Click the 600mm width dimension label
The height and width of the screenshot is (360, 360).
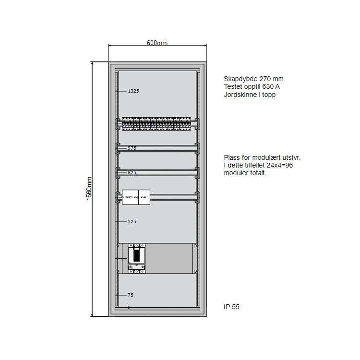[157, 43]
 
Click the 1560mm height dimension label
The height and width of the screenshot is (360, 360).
[89, 189]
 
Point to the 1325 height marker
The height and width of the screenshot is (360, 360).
[133, 91]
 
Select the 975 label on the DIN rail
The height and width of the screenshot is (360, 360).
[132, 148]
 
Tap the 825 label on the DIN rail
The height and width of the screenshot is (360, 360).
[132, 172]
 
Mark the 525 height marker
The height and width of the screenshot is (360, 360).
[132, 222]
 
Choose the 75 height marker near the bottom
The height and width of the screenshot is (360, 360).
[131, 295]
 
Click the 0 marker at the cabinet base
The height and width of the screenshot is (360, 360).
[129, 307]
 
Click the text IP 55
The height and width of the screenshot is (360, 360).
[231, 307]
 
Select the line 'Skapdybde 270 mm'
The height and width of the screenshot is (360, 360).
[253, 79]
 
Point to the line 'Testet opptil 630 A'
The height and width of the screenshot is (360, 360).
[252, 87]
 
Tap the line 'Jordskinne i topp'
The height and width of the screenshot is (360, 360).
[250, 95]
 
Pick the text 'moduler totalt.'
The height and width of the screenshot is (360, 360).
[245, 173]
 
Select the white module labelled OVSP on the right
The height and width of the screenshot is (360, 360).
[144, 197]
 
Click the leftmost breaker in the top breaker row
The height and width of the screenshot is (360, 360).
[124, 124]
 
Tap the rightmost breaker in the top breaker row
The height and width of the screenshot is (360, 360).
[189, 124]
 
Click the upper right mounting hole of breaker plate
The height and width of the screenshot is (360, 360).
[195, 246]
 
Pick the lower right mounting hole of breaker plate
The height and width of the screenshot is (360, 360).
[195, 272]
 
